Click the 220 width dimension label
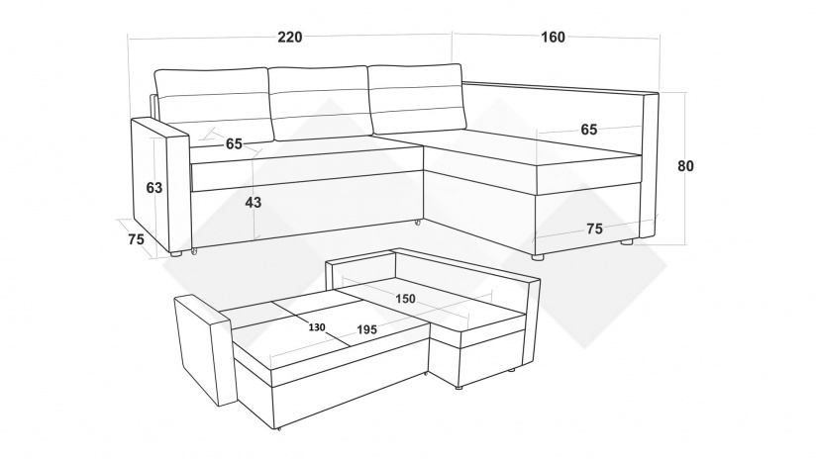click(289, 38)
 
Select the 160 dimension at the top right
click(553, 38)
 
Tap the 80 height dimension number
click(685, 166)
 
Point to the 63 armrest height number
click(154, 187)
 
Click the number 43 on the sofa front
click(254, 203)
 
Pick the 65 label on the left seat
click(234, 143)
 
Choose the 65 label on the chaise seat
click(589, 130)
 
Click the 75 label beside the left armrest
click(136, 239)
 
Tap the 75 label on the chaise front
click(594, 229)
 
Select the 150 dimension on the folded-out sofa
click(405, 299)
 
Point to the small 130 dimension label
click(317, 327)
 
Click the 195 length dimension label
click(366, 330)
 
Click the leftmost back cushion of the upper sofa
click(213, 105)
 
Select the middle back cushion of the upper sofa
click(321, 103)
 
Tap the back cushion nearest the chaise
click(417, 99)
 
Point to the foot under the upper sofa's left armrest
click(175, 254)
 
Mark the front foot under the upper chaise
click(537, 257)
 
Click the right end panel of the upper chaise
click(650, 165)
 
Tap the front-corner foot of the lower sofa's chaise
click(458, 388)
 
